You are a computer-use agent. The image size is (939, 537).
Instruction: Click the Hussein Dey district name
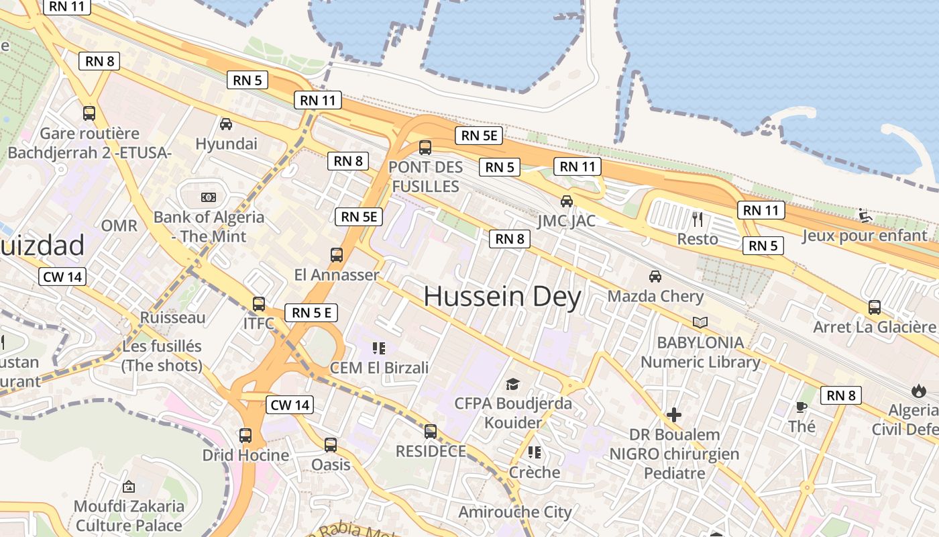(x=502, y=297)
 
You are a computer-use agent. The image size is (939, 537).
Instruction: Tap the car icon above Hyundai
(x=226, y=124)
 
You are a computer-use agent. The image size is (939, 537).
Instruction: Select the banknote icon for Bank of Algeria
(x=209, y=197)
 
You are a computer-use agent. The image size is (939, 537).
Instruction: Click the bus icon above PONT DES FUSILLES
(x=425, y=148)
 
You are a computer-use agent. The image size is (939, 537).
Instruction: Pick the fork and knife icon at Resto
(x=698, y=219)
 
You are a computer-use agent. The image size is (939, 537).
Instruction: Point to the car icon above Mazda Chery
(x=655, y=276)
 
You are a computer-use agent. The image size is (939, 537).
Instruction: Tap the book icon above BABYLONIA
(x=700, y=323)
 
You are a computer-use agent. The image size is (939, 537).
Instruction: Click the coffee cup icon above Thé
(x=802, y=407)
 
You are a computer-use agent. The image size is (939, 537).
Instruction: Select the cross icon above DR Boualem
(x=674, y=415)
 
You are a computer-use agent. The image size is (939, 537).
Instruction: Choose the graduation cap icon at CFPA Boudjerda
(x=513, y=384)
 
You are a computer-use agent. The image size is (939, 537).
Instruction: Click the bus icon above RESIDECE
(x=430, y=431)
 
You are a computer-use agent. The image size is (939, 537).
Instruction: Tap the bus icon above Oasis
(x=331, y=444)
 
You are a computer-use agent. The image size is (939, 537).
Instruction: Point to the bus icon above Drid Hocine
(x=245, y=435)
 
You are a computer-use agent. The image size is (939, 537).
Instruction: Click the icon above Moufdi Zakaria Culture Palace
(x=129, y=486)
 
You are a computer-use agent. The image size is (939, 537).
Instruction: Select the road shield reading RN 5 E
(x=311, y=312)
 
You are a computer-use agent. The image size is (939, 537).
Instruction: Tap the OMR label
(x=119, y=226)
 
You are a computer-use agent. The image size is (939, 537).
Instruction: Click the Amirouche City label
(x=515, y=512)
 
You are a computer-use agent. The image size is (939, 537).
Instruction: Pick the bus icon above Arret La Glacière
(x=874, y=307)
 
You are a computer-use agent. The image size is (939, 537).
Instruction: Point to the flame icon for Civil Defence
(x=918, y=390)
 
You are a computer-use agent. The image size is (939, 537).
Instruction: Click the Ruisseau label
(x=173, y=317)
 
